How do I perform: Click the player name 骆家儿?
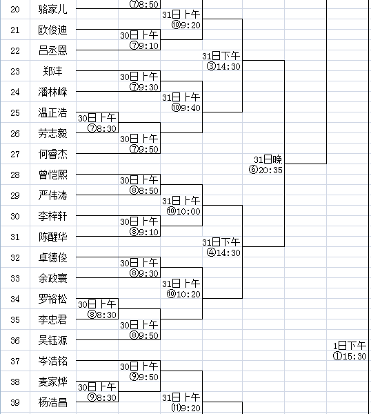click(x=53, y=9)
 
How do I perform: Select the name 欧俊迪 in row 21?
click(x=53, y=30)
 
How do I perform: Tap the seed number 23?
click(x=15, y=71)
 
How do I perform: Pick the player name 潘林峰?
click(x=53, y=92)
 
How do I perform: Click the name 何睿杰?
click(x=53, y=154)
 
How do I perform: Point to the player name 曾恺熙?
click(x=53, y=175)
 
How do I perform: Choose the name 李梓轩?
click(x=53, y=216)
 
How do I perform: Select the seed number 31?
click(x=15, y=237)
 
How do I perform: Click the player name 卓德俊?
click(x=53, y=257)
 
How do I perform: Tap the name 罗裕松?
click(x=53, y=299)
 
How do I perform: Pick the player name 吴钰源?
click(x=53, y=340)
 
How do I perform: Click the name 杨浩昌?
click(x=53, y=402)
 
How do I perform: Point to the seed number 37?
click(x=15, y=361)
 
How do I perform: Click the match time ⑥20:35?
click(x=265, y=170)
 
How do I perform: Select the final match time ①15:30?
click(x=350, y=356)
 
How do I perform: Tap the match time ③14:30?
click(x=223, y=66)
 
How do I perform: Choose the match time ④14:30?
click(x=223, y=253)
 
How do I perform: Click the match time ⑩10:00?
click(x=183, y=211)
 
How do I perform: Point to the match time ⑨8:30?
click(x=102, y=397)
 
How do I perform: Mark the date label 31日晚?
click(x=268, y=159)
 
